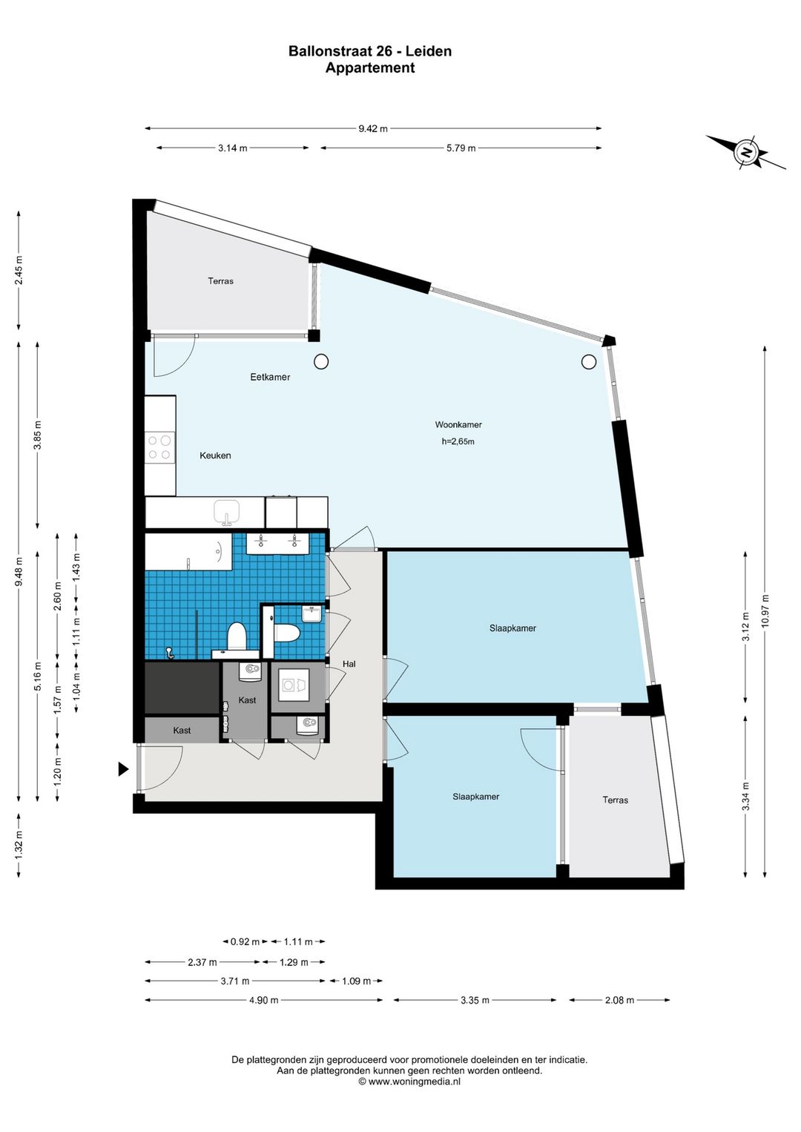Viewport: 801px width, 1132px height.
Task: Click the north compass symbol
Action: pos(747,152)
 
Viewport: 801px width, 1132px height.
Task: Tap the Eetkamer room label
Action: pos(270,377)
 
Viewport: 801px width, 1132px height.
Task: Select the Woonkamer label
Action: pos(458,424)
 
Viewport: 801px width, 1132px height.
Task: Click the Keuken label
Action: pos(215,455)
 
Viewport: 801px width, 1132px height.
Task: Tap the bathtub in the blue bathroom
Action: pos(188,551)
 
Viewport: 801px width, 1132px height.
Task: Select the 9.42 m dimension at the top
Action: pos(373,128)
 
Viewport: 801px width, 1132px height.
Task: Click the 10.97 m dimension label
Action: pos(767,611)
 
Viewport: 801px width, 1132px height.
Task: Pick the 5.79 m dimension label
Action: pos(461,148)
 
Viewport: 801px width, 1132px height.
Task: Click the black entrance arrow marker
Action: pos(123,769)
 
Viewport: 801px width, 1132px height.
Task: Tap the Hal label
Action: pos(349,664)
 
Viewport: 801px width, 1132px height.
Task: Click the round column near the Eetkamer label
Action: pos(321,361)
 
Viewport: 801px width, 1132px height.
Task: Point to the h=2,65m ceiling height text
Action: pos(458,441)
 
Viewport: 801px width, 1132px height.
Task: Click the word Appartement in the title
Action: pos(370,68)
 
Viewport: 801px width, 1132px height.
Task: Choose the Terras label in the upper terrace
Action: pos(221,281)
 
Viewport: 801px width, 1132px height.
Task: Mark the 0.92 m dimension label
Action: pos(245,942)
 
